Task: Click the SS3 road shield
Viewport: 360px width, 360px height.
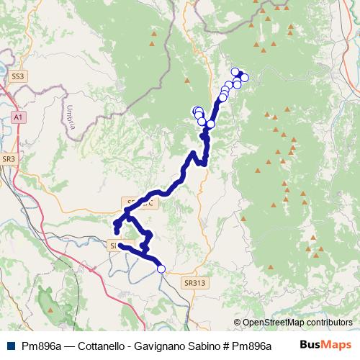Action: (x=18, y=75)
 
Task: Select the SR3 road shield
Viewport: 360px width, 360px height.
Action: (x=9, y=158)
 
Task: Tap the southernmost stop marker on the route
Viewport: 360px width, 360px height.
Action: (x=161, y=269)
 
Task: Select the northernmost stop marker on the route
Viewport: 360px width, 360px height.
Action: (x=235, y=71)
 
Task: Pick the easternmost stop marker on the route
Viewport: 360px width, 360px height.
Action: (x=244, y=78)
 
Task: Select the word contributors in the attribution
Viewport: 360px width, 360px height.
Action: (x=329, y=323)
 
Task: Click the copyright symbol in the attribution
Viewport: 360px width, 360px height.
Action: (x=238, y=323)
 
